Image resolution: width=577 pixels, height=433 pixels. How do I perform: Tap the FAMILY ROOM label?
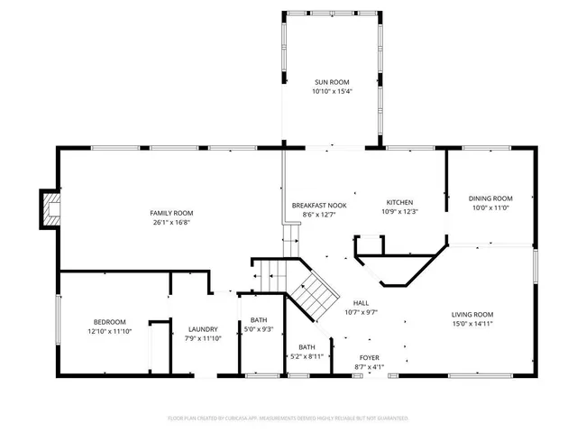coord(171,213)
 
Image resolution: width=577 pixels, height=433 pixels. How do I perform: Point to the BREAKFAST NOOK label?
coord(313,206)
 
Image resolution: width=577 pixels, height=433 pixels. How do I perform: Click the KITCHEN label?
coord(399,202)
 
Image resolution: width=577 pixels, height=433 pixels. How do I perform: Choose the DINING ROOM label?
coord(490,198)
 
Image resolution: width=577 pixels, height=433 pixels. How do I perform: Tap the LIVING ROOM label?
coord(472,314)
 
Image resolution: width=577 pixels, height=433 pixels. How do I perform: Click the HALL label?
coord(361,303)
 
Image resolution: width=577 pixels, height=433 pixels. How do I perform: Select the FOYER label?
coord(370,358)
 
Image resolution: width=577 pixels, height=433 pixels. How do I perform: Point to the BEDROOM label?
coord(110,322)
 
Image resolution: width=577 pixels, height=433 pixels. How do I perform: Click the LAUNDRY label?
coord(202,329)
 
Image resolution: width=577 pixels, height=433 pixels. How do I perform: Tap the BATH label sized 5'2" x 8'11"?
coord(307,347)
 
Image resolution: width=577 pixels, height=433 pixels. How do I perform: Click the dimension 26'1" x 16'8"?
coord(171,222)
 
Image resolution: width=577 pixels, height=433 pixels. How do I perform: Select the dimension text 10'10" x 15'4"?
coord(331,90)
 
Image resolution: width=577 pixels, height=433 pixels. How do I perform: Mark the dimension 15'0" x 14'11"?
coord(472,323)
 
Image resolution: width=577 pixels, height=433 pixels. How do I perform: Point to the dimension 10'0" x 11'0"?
coord(490,207)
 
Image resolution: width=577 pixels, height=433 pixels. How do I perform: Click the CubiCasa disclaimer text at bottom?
coord(288,419)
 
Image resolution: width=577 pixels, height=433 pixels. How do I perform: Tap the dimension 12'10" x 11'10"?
coord(110,331)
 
